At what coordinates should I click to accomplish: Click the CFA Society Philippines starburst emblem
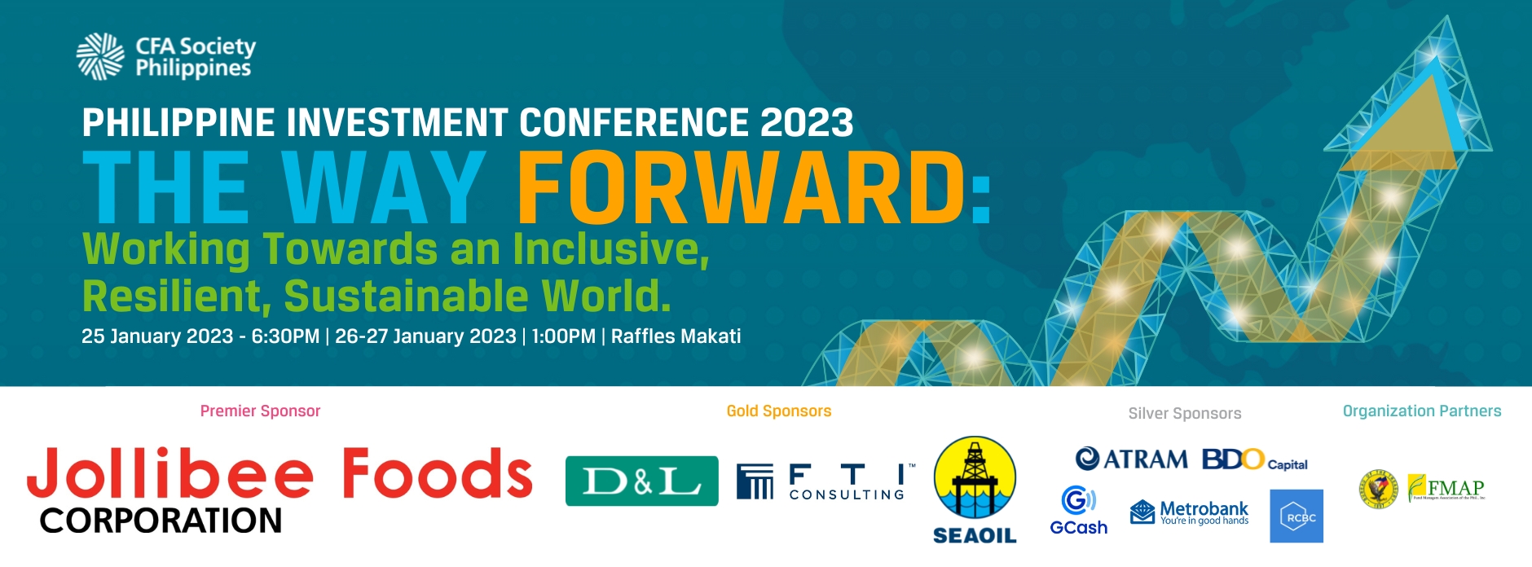pyautogui.click(x=100, y=56)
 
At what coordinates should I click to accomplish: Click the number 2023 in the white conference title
pyautogui.click(x=807, y=123)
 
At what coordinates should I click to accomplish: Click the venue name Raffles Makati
pyautogui.click(x=676, y=336)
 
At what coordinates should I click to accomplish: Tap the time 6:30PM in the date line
pyautogui.click(x=285, y=336)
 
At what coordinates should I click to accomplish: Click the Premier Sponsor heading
pyautogui.click(x=260, y=411)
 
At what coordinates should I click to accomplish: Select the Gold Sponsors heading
pyautogui.click(x=779, y=411)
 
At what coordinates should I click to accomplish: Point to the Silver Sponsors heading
pyautogui.click(x=1185, y=414)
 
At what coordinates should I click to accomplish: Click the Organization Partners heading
pyautogui.click(x=1422, y=411)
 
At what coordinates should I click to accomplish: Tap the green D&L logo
pyautogui.click(x=642, y=481)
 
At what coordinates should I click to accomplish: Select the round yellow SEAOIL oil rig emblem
pyautogui.click(x=975, y=478)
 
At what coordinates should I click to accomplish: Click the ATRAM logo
pyautogui.click(x=1132, y=459)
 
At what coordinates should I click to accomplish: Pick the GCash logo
pyautogui.click(x=1079, y=511)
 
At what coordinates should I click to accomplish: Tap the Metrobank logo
pyautogui.click(x=1190, y=513)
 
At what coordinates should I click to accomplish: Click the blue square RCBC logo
pyautogui.click(x=1296, y=516)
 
